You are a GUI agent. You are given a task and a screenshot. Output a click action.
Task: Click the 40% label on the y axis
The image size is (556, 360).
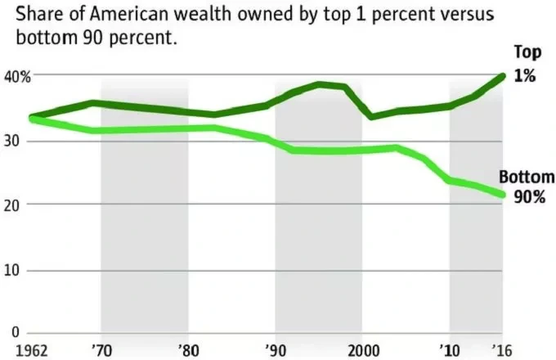[17, 77]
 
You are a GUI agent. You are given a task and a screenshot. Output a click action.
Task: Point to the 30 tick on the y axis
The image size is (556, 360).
[11, 142]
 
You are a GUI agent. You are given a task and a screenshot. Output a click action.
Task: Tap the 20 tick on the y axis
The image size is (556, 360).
[11, 206]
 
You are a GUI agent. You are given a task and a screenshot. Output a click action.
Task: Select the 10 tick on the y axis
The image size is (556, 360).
[11, 271]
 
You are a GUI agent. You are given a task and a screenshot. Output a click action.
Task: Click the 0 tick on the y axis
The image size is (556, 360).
[16, 332]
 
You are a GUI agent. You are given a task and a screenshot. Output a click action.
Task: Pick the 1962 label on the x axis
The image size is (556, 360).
[32, 351]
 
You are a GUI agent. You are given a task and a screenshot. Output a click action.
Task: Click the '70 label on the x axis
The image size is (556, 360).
[101, 351]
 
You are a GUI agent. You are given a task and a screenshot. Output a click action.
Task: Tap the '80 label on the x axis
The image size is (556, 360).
[188, 351]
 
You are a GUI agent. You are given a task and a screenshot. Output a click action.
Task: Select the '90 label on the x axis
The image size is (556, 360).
[276, 351]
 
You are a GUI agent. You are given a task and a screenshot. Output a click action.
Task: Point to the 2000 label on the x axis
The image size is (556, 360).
[364, 351]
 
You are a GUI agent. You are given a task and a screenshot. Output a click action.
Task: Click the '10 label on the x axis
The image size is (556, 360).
[450, 351]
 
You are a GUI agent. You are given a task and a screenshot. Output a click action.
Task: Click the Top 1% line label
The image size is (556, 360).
[527, 64]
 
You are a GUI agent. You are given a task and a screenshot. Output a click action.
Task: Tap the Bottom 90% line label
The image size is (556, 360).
[527, 187]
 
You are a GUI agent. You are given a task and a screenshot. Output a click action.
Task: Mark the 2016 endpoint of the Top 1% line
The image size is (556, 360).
[503, 76]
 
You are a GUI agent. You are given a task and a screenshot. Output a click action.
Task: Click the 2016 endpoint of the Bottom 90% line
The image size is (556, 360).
[503, 195]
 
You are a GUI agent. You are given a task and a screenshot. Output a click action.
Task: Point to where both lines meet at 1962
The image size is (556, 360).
[32, 118]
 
